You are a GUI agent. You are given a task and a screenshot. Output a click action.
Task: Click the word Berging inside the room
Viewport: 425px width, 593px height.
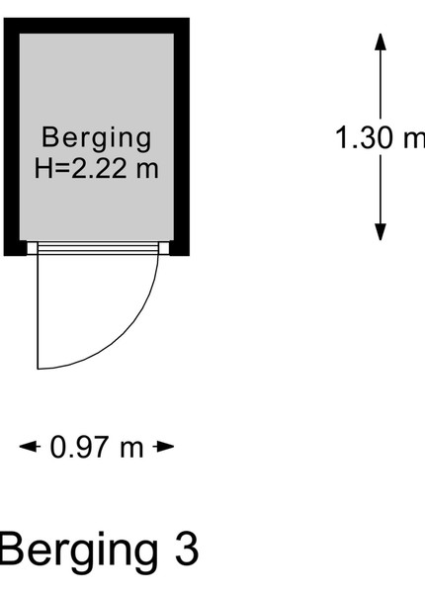[97, 139]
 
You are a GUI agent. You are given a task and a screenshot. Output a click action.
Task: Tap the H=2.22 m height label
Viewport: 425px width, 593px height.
[97, 168]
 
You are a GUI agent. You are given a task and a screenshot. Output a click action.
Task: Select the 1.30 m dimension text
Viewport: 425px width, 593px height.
[380, 137]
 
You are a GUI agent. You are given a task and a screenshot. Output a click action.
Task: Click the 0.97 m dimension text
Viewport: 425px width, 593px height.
[97, 448]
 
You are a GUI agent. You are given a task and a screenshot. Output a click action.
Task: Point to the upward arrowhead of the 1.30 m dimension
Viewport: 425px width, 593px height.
[381, 42]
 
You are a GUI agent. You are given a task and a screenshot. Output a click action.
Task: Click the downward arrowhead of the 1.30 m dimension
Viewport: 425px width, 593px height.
[381, 232]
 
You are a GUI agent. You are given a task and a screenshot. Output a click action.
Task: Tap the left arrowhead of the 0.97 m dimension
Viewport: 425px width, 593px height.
[30, 447]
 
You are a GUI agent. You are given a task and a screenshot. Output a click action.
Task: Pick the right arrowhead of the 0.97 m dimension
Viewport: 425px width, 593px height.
[164, 447]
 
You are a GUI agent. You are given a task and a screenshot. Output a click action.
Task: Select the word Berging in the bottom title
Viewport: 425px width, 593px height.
[79, 552]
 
